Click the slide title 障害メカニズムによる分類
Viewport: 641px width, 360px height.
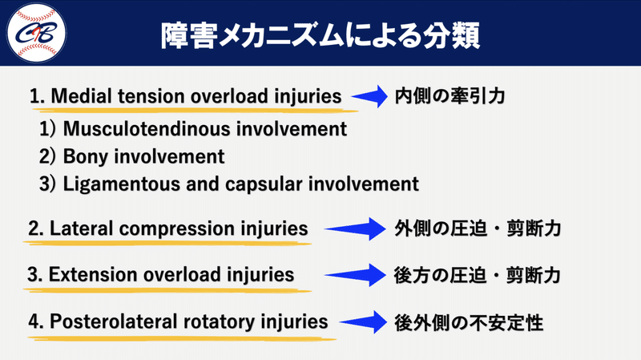(320, 34)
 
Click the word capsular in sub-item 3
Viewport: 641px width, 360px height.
(264, 184)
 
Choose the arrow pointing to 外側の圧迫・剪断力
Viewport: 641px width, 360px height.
(352, 229)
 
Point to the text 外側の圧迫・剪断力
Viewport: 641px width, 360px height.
(477, 229)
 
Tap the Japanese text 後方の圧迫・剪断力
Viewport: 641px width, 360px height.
(477, 275)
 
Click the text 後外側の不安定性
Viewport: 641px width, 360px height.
(469, 322)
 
